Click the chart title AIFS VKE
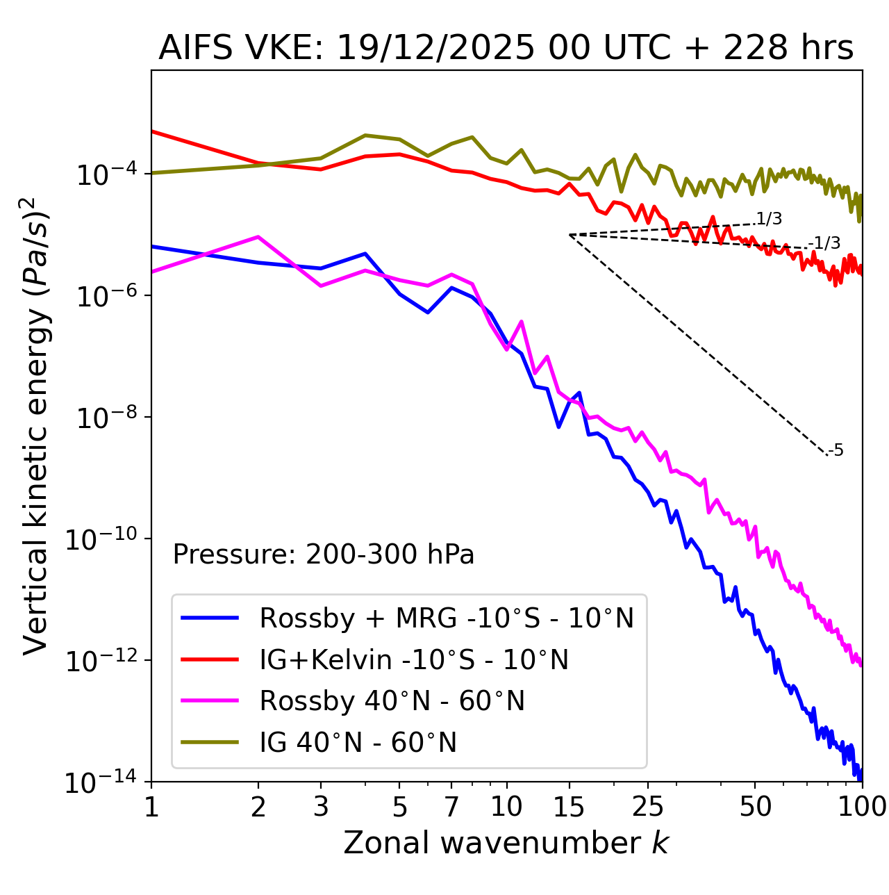506,49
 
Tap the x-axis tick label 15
570,807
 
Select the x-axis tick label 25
648,807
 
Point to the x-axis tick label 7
451,807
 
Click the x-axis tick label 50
755,807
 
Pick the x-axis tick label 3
320,807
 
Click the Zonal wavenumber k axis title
506,843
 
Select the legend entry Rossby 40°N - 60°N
392,701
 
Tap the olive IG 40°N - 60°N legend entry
358,743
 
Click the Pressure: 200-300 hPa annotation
324,555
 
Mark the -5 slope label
836,450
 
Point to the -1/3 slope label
826,243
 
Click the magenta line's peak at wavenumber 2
258,237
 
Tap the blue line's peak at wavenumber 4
365,254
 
